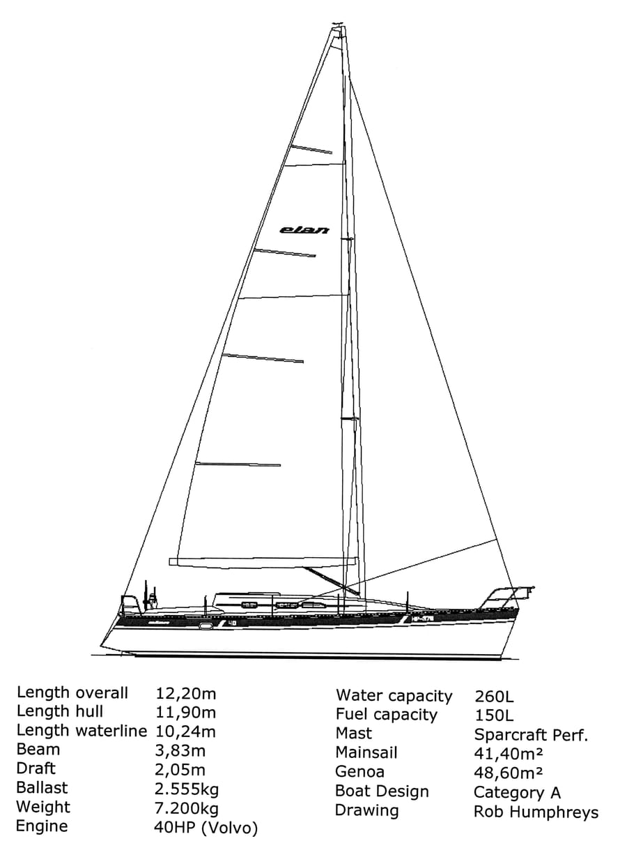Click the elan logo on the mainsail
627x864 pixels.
tap(304, 230)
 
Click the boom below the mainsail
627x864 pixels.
tap(263, 562)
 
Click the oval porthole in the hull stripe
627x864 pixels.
tap(206, 626)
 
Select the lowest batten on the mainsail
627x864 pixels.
tap(238, 464)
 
